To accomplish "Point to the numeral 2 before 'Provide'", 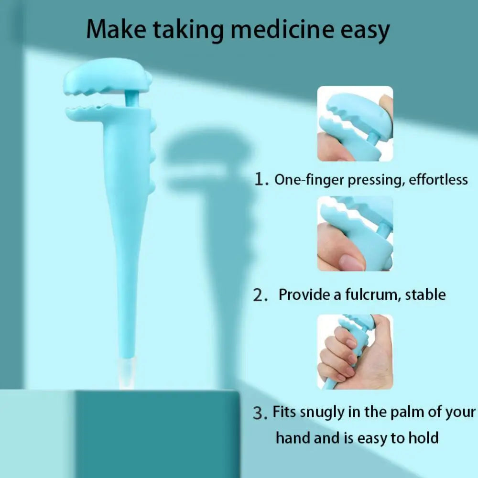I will [x=260, y=295].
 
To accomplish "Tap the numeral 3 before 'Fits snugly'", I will [x=259, y=413].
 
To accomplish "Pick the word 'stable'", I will [x=425, y=294].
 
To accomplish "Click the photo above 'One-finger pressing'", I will [x=355, y=123].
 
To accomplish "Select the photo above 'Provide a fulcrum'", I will [x=355, y=233].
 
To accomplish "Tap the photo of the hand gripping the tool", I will [x=355, y=351].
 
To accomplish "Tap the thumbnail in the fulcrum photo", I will [x=352, y=261].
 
